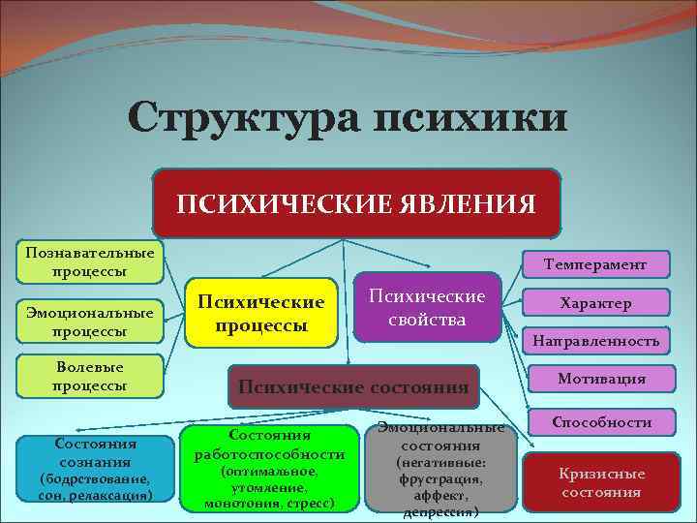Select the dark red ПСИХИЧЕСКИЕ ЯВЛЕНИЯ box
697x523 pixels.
point(356,203)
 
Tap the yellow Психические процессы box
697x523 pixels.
point(261,312)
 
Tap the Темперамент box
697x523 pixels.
point(594,263)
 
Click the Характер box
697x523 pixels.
point(594,302)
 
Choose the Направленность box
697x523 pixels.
point(594,341)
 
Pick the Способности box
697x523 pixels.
point(600,422)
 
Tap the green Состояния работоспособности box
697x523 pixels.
point(269,468)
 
